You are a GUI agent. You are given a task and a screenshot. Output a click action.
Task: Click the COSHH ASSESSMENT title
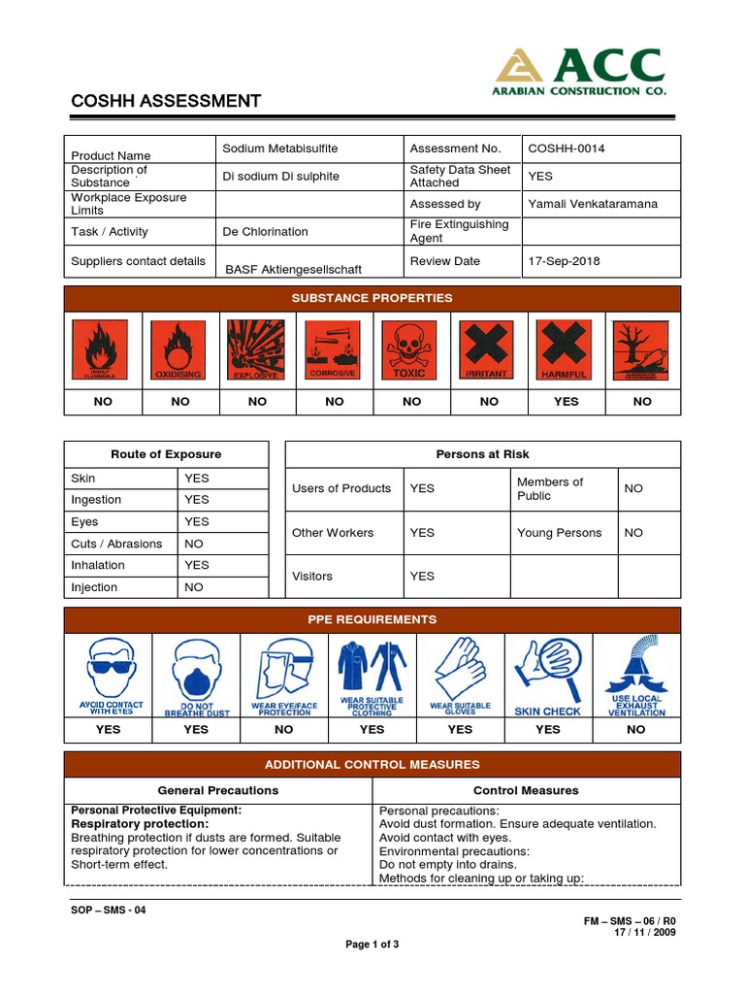[166, 101]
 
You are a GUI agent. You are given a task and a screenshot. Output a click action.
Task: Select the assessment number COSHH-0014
[566, 149]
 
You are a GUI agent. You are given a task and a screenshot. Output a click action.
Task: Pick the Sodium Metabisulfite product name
[279, 149]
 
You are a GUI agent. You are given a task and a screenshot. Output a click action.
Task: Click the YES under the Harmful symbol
[566, 401]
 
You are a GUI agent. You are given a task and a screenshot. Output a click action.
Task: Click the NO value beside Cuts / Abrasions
[194, 544]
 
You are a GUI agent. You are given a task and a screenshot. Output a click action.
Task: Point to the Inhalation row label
[98, 565]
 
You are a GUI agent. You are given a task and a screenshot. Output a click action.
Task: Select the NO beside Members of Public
[633, 488]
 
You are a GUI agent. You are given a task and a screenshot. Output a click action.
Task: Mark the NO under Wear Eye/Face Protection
[284, 729]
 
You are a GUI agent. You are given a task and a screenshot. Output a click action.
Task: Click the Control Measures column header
[525, 790]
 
